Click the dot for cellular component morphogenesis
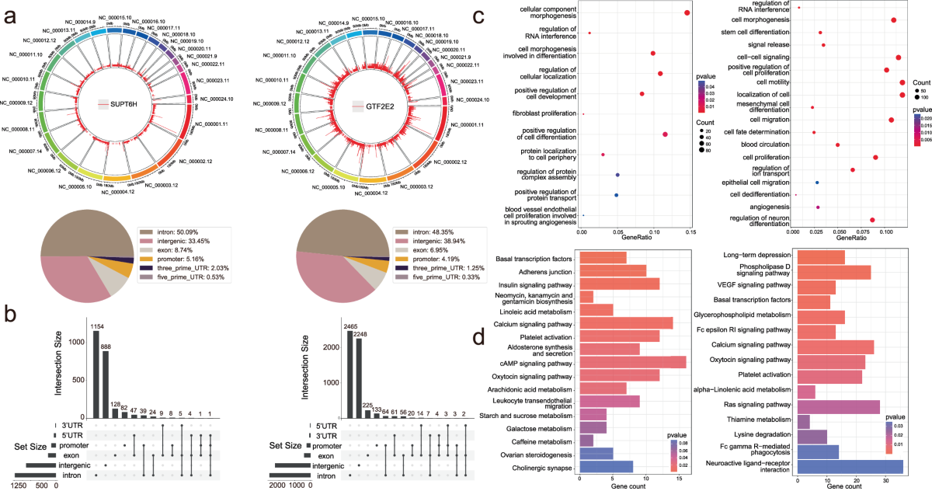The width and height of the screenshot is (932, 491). pos(687,12)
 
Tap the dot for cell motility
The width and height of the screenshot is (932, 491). pos(902,82)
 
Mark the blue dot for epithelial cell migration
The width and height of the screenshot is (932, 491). pos(816,182)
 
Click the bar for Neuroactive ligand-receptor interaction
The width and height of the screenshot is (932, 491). pos(850,466)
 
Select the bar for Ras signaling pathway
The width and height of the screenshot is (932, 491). pos(839,406)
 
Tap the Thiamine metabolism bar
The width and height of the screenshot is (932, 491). pos(804,421)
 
